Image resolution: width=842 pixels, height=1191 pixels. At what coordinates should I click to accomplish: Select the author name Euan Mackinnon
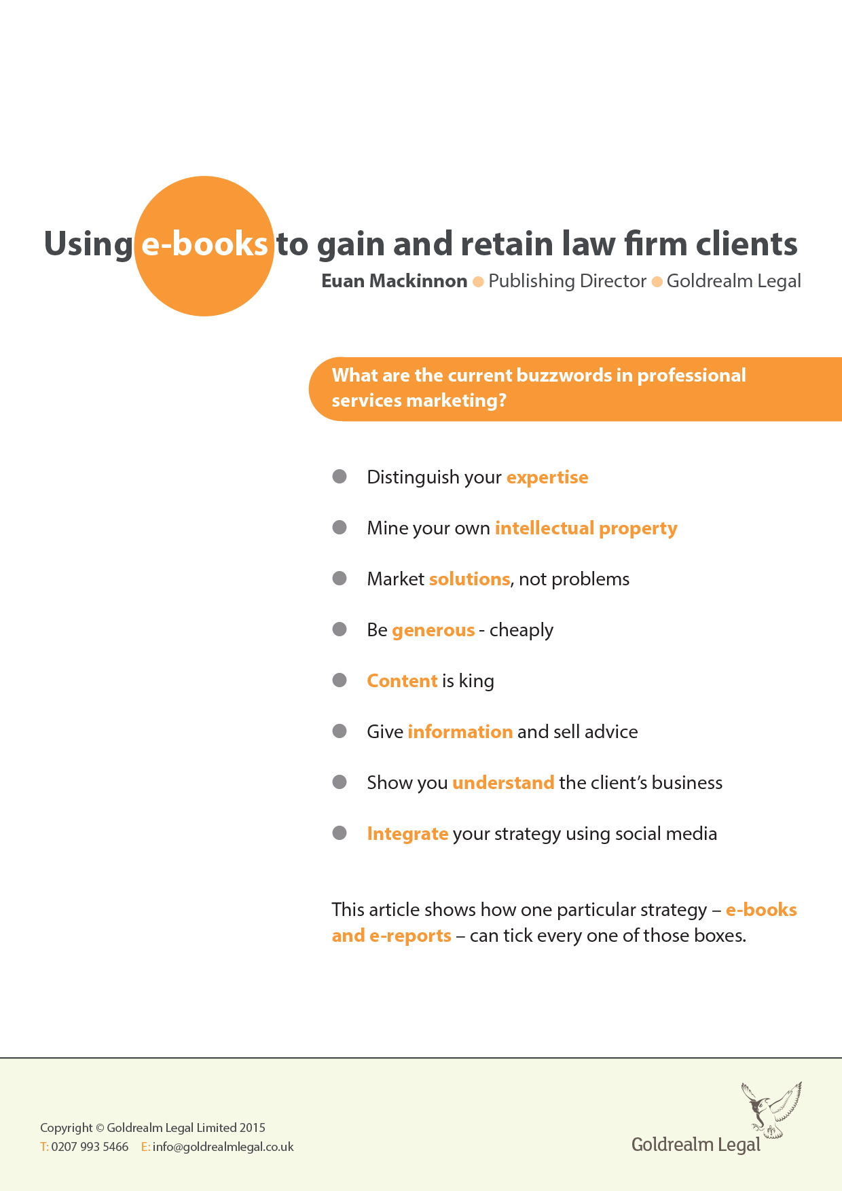point(394,281)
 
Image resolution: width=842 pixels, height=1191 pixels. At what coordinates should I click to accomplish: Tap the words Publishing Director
point(567,281)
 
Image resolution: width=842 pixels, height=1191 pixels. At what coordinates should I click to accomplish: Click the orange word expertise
point(547,477)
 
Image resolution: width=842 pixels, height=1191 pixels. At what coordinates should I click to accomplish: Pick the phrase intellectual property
point(586,528)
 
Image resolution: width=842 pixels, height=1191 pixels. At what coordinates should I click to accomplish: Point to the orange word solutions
point(469,579)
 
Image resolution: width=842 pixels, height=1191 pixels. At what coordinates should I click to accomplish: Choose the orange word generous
point(433,630)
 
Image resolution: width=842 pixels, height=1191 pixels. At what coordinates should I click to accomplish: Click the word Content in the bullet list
point(402,681)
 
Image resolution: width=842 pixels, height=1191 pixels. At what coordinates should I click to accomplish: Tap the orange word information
point(460,732)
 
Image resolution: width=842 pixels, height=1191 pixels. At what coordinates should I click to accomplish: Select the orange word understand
point(503,783)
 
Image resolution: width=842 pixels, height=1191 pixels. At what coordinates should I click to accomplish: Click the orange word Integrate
point(407,834)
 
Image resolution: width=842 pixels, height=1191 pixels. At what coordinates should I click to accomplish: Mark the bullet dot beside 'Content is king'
point(340,680)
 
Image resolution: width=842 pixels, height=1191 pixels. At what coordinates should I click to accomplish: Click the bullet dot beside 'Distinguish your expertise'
point(340,477)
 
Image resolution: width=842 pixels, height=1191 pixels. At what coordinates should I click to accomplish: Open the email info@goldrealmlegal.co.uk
point(223,1147)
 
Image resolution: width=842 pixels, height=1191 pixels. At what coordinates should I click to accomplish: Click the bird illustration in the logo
point(771,1109)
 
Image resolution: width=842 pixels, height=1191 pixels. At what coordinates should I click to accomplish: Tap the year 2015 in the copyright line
point(252,1128)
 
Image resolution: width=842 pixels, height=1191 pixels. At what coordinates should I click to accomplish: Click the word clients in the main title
point(746,244)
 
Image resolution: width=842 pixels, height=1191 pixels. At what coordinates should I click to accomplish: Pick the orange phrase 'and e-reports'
point(391,936)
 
